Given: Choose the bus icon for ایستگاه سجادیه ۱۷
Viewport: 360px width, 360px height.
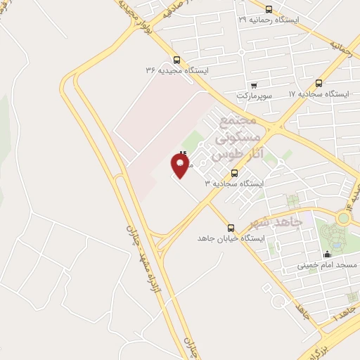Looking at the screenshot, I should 319,83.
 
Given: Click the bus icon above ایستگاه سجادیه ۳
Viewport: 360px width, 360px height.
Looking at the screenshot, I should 234,173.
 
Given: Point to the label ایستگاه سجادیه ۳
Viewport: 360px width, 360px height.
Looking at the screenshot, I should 233,184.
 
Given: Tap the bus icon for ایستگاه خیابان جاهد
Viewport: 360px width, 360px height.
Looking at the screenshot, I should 231,227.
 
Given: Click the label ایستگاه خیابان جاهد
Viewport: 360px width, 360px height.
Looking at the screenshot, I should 230,238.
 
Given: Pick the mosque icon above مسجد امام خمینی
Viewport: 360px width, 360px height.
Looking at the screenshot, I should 326,255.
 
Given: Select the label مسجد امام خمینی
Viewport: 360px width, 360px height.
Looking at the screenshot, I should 326,265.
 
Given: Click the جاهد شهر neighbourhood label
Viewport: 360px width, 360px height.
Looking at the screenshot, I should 276,223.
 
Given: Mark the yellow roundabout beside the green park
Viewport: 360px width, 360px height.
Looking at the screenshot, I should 343,218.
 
